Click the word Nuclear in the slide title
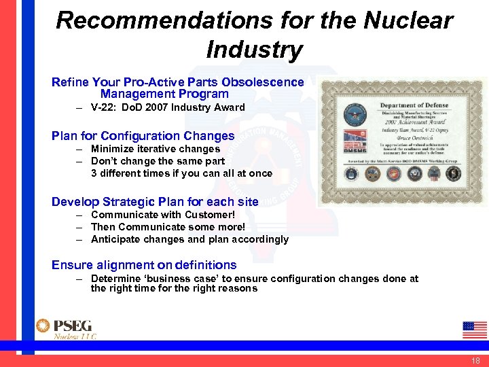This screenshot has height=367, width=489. tap(407, 20)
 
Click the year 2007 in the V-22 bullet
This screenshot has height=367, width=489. tap(159, 107)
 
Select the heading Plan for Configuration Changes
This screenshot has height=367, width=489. tap(143, 136)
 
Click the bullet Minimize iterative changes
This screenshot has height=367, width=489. tap(155, 149)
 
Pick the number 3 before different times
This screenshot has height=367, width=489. tap(94, 173)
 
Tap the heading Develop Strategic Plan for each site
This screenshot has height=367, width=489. tap(155, 201)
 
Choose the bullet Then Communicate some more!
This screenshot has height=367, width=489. tap(167, 227)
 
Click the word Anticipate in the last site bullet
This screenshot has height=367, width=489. tap(116, 239)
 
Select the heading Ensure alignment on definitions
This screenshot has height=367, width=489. tap(144, 265)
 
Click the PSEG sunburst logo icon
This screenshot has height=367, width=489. tap(43, 326)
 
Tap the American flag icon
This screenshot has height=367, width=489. tap(474, 330)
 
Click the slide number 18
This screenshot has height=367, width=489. tap(475, 360)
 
